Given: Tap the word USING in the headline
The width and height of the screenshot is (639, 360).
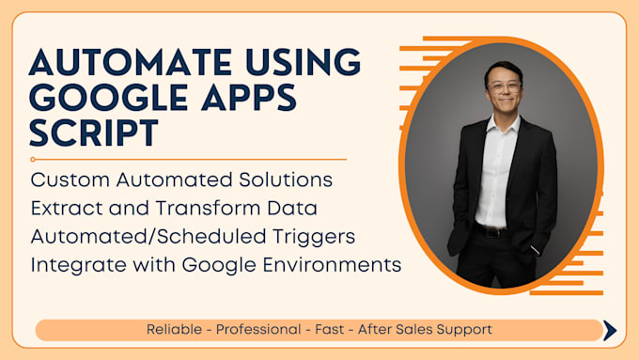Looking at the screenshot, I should click(301, 64).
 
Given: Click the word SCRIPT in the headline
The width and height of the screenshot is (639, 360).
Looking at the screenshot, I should click(91, 133).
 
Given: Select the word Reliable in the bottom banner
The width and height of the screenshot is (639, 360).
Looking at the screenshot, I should click(176, 330).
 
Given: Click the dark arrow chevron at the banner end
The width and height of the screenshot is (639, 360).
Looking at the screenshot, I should click(610, 330).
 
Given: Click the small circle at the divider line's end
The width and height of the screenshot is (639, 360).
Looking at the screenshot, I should click(34, 160).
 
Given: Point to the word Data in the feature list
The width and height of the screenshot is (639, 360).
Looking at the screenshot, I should click(298, 207).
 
